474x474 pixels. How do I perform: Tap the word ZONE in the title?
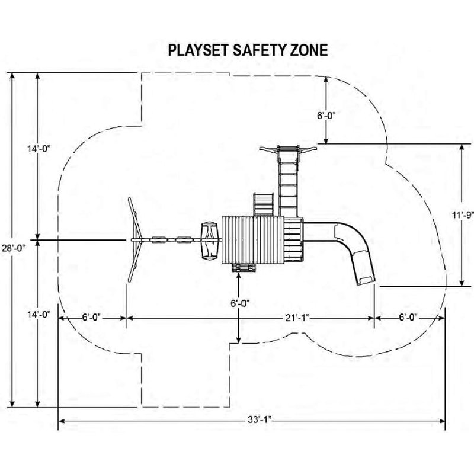click(309, 50)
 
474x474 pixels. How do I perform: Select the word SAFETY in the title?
click(260, 50)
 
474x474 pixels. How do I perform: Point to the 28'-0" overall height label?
click(14, 248)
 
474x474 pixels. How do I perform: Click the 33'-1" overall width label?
click(260, 420)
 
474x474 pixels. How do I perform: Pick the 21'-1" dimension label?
click(298, 318)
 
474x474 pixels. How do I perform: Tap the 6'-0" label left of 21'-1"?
click(91, 318)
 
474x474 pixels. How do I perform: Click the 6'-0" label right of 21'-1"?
click(408, 318)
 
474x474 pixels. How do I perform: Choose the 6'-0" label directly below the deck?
click(241, 303)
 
